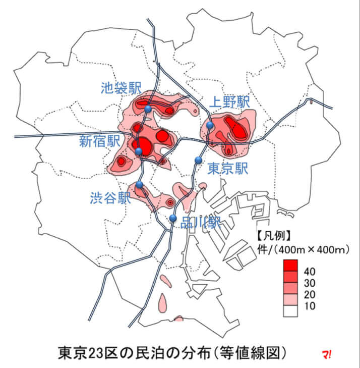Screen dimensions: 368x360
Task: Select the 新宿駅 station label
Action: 99,142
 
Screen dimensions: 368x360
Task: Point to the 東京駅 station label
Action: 228,168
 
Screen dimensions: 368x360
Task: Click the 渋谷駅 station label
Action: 110,197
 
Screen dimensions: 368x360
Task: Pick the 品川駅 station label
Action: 201,223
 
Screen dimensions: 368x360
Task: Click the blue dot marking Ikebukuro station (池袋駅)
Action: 148,109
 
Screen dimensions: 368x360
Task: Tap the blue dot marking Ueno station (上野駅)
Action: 210,125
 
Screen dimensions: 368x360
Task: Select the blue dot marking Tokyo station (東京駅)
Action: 198,160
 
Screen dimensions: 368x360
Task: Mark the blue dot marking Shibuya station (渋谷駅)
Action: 140,185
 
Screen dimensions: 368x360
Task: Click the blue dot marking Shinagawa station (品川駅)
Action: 173,218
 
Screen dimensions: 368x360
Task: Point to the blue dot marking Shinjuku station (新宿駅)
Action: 139,151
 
